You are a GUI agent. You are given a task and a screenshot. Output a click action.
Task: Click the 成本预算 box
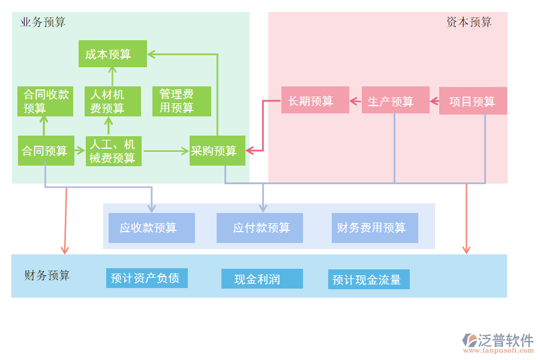(x=112, y=54)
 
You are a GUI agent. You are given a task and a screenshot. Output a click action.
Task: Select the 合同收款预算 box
(x=46, y=101)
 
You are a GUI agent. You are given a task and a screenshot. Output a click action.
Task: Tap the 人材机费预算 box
(x=112, y=101)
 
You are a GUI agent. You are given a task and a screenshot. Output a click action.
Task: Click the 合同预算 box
(x=46, y=151)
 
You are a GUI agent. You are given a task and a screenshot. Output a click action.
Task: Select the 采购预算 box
(x=217, y=151)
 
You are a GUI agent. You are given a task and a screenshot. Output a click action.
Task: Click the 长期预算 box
(x=316, y=100)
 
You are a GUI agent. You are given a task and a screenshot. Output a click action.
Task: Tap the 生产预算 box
(x=395, y=100)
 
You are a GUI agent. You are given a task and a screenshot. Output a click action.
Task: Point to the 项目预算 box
(x=473, y=101)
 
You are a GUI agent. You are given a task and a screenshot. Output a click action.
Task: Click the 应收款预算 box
(x=152, y=228)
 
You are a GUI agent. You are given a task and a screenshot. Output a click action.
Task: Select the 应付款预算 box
(x=260, y=228)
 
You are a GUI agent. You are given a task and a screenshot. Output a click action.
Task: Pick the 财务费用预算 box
(x=374, y=228)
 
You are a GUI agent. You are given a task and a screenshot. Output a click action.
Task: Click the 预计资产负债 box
(x=146, y=278)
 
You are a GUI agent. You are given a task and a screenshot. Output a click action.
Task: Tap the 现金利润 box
(x=262, y=278)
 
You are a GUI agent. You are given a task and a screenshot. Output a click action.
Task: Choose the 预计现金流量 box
(x=368, y=280)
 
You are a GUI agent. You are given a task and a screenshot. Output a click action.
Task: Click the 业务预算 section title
(x=43, y=22)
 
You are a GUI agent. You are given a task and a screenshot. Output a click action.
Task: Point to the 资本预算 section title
(x=469, y=22)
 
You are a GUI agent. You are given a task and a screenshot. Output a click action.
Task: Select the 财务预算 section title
(x=47, y=275)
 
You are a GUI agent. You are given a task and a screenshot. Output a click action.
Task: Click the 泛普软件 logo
(x=497, y=343)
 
